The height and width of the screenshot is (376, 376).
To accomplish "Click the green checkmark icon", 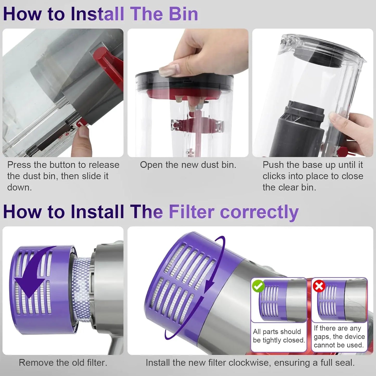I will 258,286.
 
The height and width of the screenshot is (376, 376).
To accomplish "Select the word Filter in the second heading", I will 192,212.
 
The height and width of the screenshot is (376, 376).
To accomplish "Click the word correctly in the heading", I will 259,212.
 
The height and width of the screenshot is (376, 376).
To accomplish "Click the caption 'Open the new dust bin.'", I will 188,165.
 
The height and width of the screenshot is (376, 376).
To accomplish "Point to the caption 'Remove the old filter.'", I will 63,362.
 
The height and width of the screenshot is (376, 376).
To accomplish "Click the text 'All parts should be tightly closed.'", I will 278,336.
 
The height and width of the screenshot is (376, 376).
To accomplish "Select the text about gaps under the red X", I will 339,336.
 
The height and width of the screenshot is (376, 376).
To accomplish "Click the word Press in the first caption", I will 19,165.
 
